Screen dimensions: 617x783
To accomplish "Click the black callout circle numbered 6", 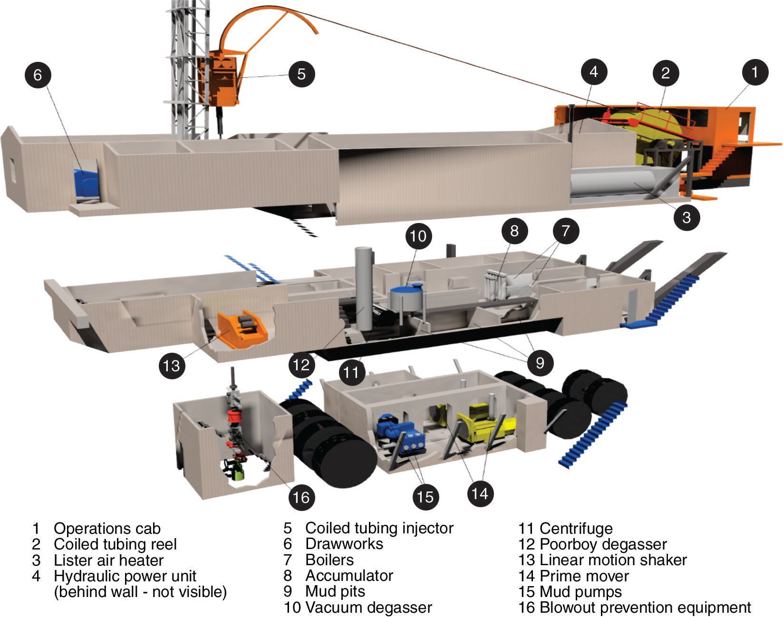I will coord(38,75).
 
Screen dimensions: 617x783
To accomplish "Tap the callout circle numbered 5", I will coord(301,74).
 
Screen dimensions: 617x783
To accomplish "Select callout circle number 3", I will coord(686,217).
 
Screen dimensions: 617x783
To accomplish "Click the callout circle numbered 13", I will coord(171,366).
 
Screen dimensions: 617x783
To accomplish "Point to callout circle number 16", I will coord(301,497).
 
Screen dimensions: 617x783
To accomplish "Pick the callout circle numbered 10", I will coord(418,236).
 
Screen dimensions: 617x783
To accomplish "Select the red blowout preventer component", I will coord(233,417).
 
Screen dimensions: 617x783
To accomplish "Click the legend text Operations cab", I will coord(107,528).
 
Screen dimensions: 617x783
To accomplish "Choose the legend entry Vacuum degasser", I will coord(368,607).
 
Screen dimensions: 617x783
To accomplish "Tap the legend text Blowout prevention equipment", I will coord(645,607).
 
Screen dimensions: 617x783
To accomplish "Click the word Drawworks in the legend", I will coord(344,544).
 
